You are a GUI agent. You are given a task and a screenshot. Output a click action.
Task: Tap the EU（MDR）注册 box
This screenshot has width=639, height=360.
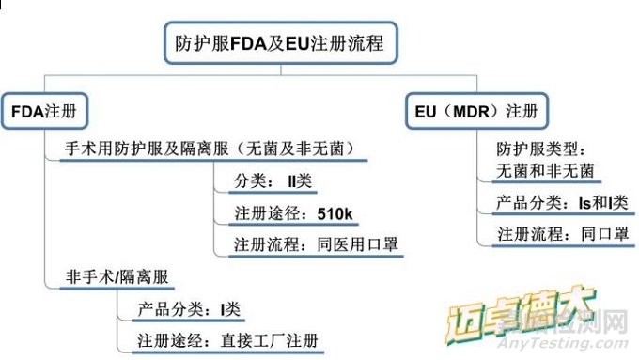[477, 111]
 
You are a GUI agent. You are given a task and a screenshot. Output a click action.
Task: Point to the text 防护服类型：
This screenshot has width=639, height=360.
[540, 149]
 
